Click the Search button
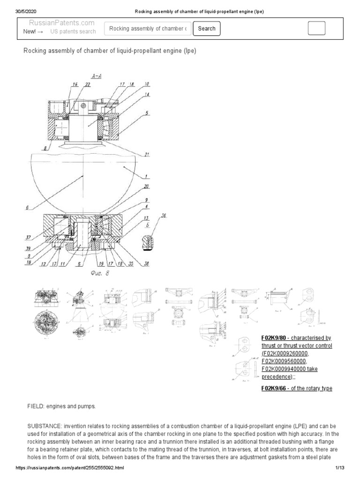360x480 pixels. pos(207,29)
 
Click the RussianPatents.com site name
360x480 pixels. pos(61,22)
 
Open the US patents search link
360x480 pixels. pos(73,31)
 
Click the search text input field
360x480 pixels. pos(148,29)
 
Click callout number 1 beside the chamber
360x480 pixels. pos(147,176)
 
